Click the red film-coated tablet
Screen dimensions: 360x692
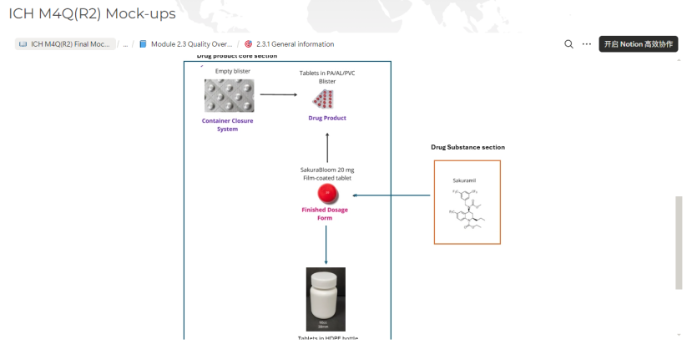[327, 195]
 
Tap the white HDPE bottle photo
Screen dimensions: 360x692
[326, 299]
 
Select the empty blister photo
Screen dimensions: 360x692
[229, 95]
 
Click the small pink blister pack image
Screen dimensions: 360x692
[323, 100]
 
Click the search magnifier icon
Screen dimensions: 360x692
[568, 44]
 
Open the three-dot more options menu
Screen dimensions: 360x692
[587, 44]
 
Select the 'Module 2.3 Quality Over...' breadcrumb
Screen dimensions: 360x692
[191, 44]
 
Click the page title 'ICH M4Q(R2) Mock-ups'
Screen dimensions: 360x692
[92, 14]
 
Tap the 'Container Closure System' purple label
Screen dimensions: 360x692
[228, 124]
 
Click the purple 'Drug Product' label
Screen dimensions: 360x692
[327, 119]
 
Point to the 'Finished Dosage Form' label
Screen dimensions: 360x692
[325, 214]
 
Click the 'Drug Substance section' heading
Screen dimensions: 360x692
[467, 147]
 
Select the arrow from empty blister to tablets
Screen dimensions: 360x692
[279, 94]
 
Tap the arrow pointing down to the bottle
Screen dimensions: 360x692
[326, 244]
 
